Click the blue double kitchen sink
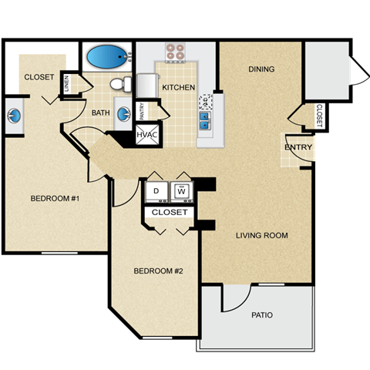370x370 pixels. point(205,119)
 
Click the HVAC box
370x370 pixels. point(146,136)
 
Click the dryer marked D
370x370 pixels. point(156,190)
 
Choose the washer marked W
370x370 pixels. point(183,190)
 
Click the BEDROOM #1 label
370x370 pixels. point(55,199)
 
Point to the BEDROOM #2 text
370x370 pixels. point(157,271)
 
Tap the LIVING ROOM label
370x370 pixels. point(261,235)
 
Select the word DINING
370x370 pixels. point(261,69)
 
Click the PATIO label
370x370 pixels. point(261,314)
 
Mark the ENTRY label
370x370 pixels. point(298,148)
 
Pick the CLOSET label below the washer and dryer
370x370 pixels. point(170,211)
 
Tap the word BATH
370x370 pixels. point(101,113)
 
